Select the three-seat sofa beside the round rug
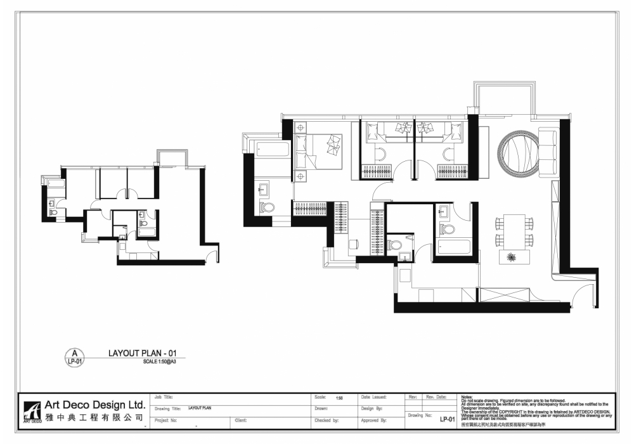click(x=547, y=152)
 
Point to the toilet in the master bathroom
click(x=268, y=207)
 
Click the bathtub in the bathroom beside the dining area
click(x=454, y=247)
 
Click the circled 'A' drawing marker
click(x=75, y=353)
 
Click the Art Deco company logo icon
click(x=31, y=412)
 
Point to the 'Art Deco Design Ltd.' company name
click(x=94, y=405)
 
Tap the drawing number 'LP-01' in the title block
click(x=448, y=419)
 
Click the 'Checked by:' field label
click(x=327, y=420)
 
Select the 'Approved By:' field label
click(x=373, y=420)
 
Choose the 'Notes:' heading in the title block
click(x=467, y=396)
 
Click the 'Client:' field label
click(x=240, y=420)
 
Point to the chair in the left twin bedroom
click(x=381, y=152)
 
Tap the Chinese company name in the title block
click(x=94, y=419)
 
